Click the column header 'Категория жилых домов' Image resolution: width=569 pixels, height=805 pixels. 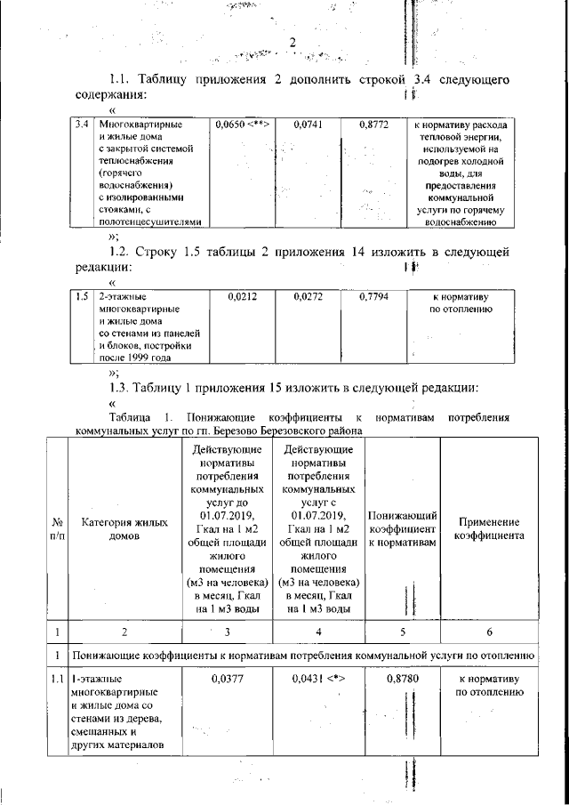click(124, 530)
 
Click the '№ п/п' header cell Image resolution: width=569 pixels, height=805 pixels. click(57, 530)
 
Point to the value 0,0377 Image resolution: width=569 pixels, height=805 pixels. click(228, 679)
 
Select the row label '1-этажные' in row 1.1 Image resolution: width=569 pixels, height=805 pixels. click(96, 679)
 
